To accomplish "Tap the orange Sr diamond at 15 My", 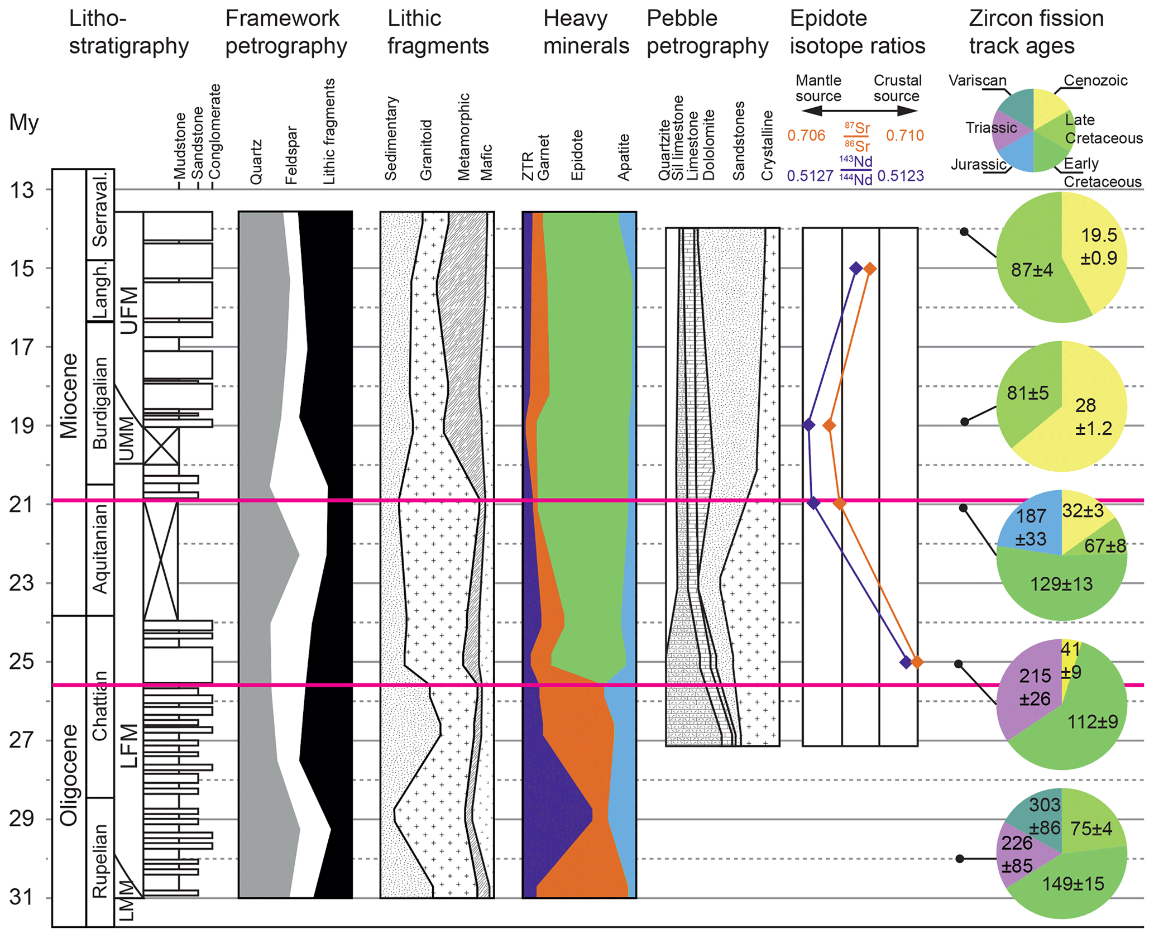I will pos(869,269).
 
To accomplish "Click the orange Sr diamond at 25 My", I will pos(917,663).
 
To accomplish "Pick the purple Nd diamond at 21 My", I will pos(814,504).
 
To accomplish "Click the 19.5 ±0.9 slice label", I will pos(1098,246).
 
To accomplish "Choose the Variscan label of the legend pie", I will pos(977,80).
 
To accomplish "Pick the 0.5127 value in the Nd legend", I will pos(810,176).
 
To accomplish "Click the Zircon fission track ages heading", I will pos(1036,32).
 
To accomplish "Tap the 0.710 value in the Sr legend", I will pos(904,136).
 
